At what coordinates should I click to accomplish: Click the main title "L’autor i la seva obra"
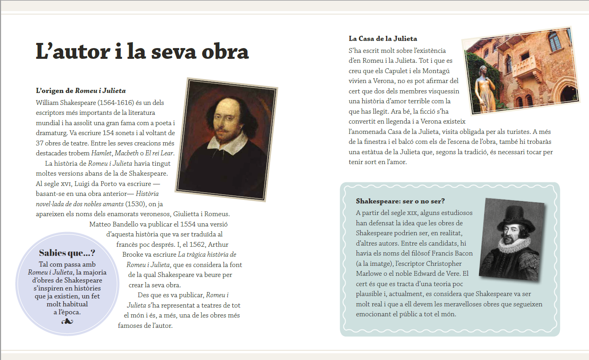point(142,52)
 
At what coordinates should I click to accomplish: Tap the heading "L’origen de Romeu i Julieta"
point(81,91)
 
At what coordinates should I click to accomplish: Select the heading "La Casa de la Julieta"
point(383,39)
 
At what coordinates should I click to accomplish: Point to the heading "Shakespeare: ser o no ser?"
point(400,201)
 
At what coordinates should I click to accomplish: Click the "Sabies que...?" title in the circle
point(67,253)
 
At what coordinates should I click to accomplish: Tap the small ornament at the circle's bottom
point(67,321)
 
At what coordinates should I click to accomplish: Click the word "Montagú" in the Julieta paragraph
point(436,71)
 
